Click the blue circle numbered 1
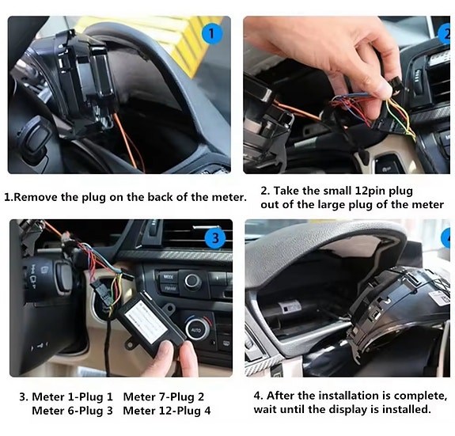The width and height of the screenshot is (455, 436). [x=212, y=34]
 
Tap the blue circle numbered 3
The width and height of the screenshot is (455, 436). [x=215, y=238]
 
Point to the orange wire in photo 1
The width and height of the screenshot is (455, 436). [x=129, y=142]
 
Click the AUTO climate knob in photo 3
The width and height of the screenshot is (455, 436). [x=197, y=329]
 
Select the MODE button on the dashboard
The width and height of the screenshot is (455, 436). [x=169, y=277]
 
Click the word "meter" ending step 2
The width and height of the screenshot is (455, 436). [x=428, y=204]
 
